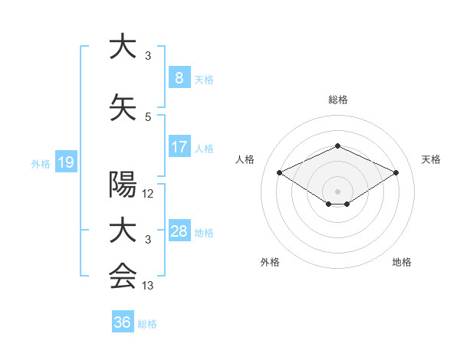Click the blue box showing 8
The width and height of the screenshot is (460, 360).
point(179,78)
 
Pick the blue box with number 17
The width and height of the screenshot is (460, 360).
point(179,147)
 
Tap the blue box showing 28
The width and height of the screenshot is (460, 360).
point(179,231)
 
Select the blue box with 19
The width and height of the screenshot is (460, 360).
point(65,162)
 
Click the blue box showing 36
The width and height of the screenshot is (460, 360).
point(123,322)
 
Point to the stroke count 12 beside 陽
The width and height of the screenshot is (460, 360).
point(148,194)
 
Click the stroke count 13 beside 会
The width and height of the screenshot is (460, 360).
point(148,286)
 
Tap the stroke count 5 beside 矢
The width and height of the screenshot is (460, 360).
point(148,116)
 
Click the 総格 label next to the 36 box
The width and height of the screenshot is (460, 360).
point(147,324)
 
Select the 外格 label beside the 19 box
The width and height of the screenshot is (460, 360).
point(40,163)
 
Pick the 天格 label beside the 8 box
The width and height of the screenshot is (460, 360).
point(204,80)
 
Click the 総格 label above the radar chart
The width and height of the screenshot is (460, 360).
point(337,100)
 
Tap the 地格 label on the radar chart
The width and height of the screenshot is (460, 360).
point(402,262)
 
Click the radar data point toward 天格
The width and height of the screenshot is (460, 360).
point(396,172)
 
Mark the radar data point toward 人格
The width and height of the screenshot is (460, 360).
point(279,172)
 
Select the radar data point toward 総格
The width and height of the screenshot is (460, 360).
point(337,146)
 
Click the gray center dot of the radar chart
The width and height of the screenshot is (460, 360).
point(337,190)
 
